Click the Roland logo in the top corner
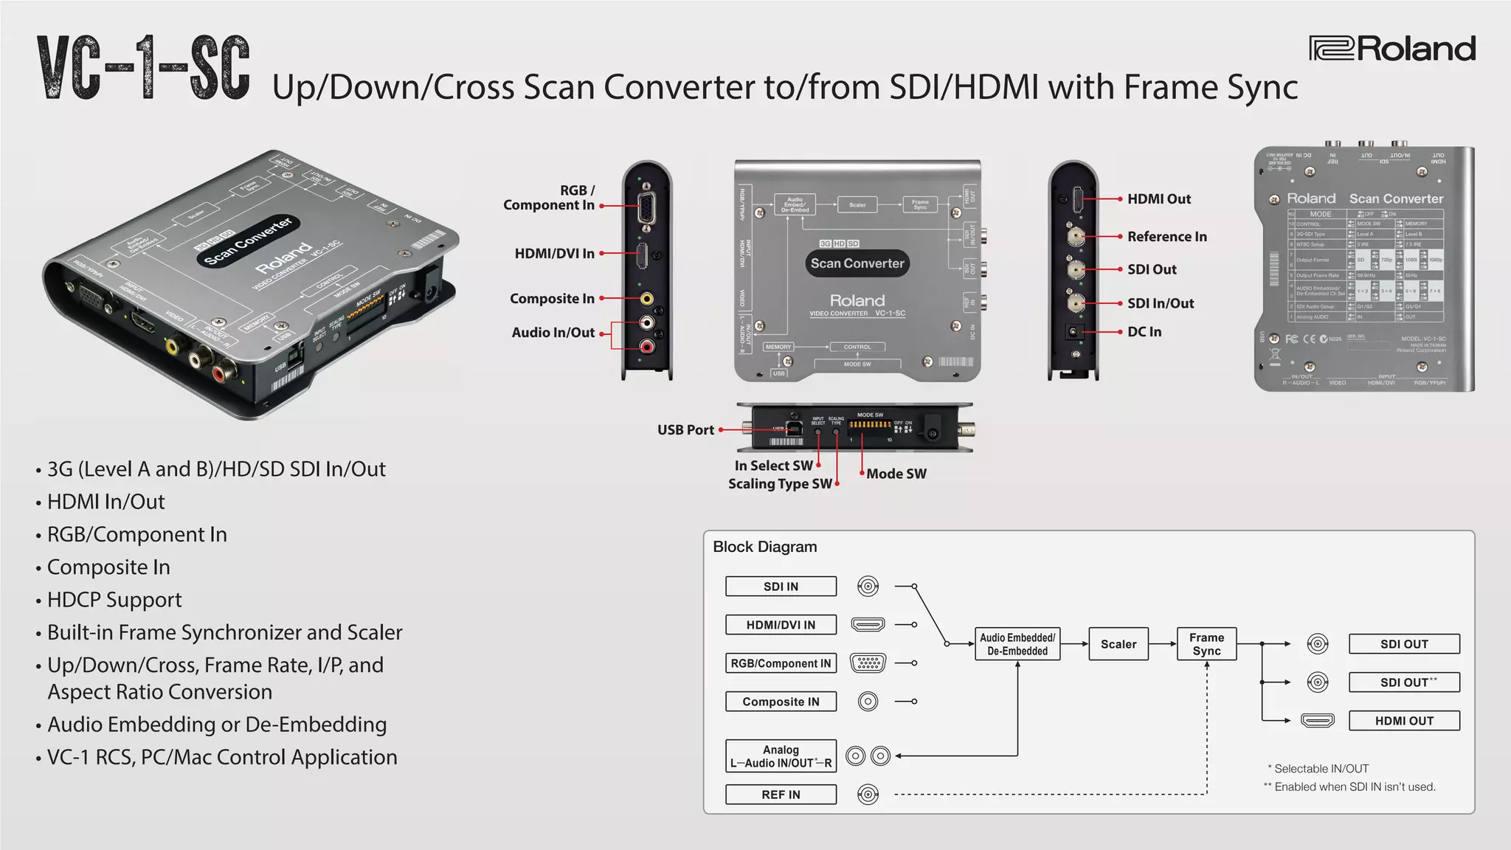1392,49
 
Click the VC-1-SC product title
144,68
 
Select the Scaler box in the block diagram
1118,644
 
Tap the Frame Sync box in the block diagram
1206,644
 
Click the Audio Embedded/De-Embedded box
1017,644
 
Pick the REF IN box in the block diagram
781,795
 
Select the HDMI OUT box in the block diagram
1403,721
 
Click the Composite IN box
781,702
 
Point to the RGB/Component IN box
781,663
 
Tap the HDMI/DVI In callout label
554,254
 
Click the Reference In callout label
1166,237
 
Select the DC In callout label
1144,332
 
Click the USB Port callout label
685,430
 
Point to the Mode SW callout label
896,474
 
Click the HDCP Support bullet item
114,600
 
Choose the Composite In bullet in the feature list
108,567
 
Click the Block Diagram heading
764,547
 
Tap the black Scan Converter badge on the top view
857,263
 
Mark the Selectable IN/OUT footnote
1321,768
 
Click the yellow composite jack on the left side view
646,299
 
